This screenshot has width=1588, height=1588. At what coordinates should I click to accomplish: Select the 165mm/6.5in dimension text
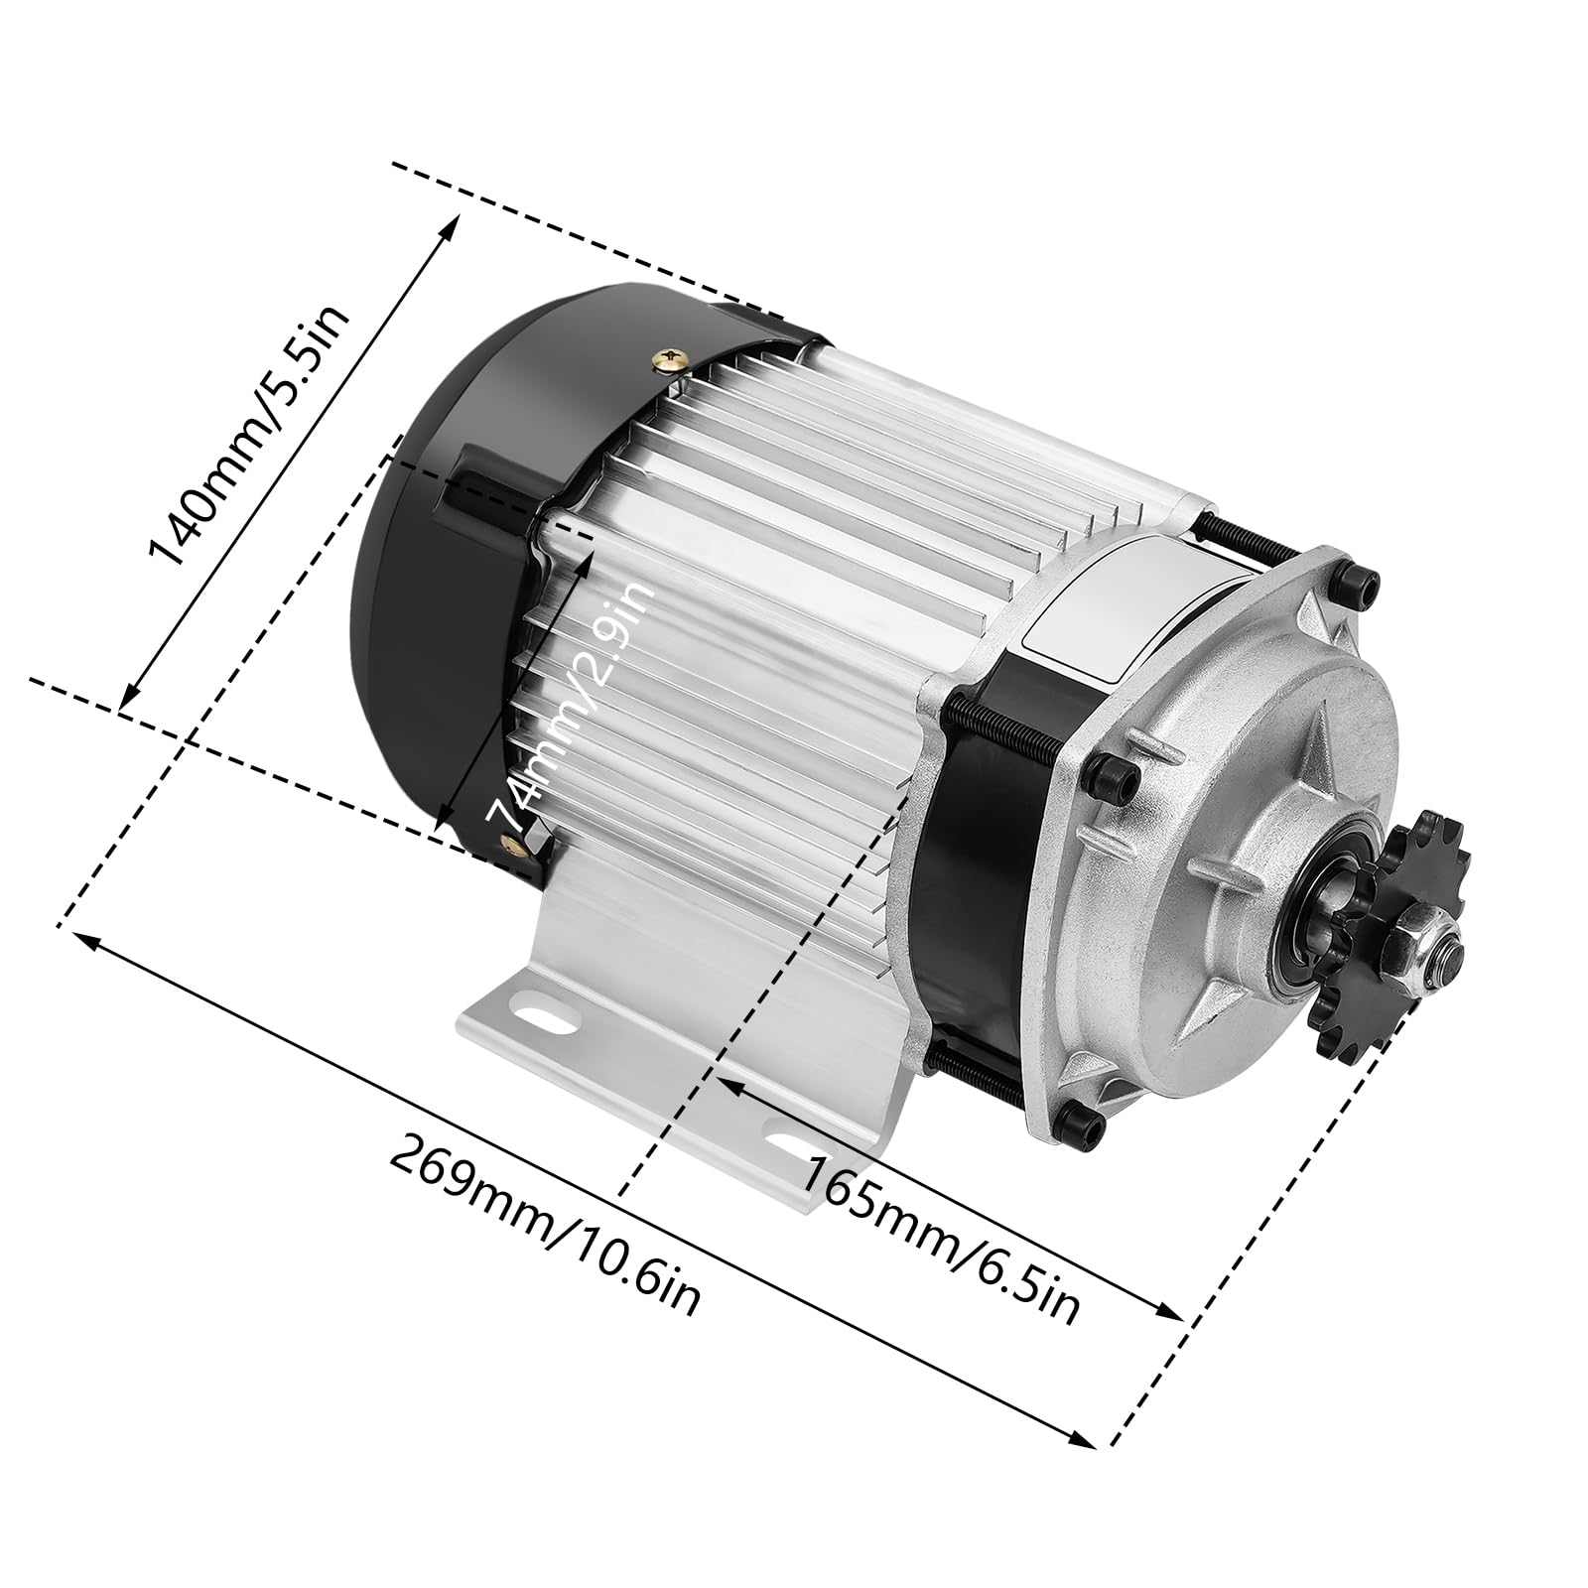pyautogui.click(x=938, y=1239)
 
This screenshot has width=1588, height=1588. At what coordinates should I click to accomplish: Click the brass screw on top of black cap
pyautogui.click(x=671, y=358)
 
